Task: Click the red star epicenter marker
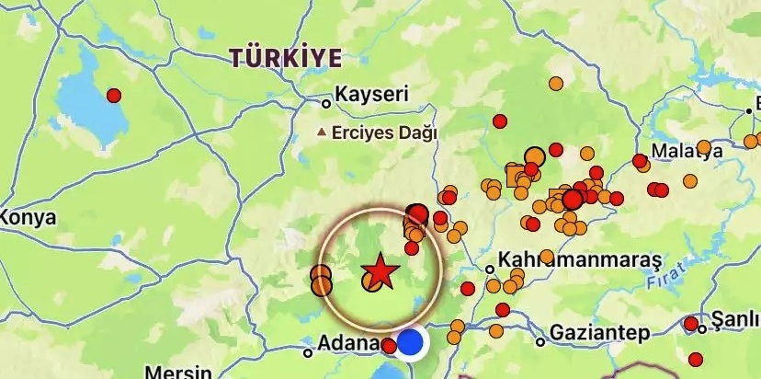(379, 272)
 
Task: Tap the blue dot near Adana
(411, 342)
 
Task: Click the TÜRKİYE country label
(286, 58)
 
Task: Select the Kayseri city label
(370, 95)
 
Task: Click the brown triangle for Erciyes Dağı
(321, 132)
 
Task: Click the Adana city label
(347, 344)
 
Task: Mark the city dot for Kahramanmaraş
(490, 270)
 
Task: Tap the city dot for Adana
(308, 351)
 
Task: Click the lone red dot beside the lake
(114, 95)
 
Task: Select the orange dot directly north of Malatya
(556, 84)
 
